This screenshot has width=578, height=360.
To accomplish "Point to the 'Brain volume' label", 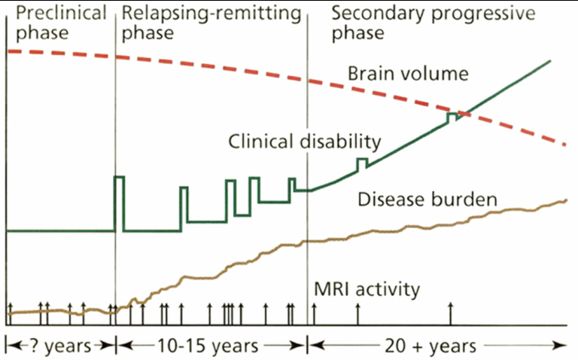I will click(408, 74).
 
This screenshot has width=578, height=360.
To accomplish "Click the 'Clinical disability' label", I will click(303, 140).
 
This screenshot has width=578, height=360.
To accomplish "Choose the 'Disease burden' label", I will click(427, 200).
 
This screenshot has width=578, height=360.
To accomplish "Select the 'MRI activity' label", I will click(367, 289).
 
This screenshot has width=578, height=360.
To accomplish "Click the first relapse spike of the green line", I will click(119, 178).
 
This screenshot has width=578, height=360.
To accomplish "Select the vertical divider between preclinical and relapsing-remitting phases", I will click(115, 151).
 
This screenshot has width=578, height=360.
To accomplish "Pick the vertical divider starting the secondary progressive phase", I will click(308, 151).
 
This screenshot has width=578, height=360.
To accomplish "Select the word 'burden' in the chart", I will click(466, 200).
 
